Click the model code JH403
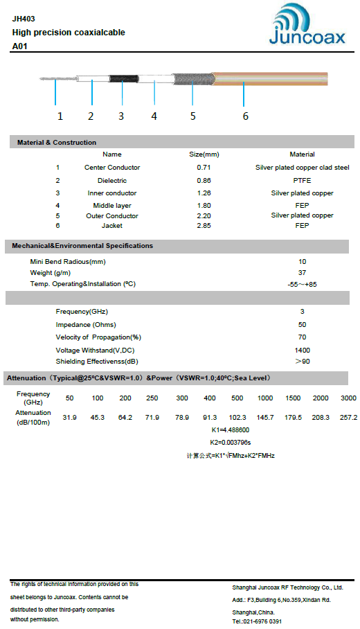pyautogui.click(x=23, y=19)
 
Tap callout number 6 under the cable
pyautogui.click(x=245, y=116)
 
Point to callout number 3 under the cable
pyautogui.click(x=121, y=116)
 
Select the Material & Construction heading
pyautogui.click(x=57, y=143)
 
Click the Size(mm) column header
pyautogui.click(x=204, y=154)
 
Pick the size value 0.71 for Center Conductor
pyautogui.click(x=204, y=168)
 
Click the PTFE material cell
pyautogui.click(x=302, y=180)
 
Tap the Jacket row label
pyautogui.click(x=112, y=226)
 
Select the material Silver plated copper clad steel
pyautogui.click(x=302, y=168)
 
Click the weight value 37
pyautogui.click(x=302, y=273)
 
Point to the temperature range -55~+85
pyautogui.click(x=302, y=285)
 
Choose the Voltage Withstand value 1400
pyautogui.click(x=302, y=351)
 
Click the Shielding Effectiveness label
pyautogui.click(x=97, y=362)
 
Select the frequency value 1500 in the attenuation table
pyautogui.click(x=293, y=398)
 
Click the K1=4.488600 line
pyautogui.click(x=231, y=430)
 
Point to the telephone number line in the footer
pyautogui.click(x=257, y=621)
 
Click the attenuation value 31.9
pyautogui.click(x=70, y=418)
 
